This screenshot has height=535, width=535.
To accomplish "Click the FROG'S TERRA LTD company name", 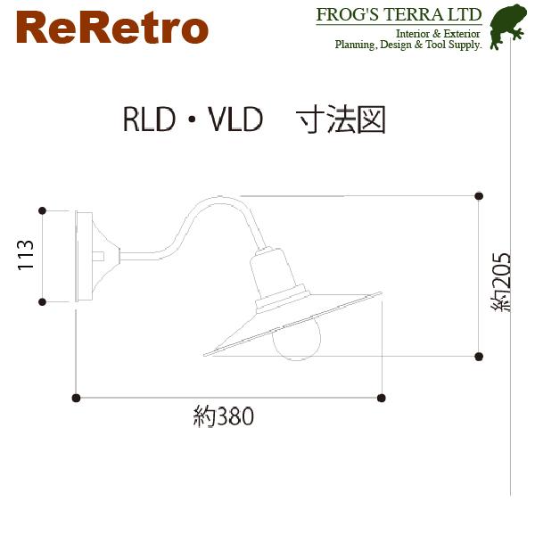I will [x=399, y=15].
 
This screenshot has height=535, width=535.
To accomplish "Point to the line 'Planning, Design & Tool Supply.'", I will [x=407, y=44].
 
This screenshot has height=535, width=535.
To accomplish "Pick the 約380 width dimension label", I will [x=224, y=417].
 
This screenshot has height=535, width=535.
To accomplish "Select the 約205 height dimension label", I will [x=502, y=279].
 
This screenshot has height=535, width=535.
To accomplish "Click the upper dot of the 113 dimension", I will [x=42, y=210].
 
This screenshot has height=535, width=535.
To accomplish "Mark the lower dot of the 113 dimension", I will [x=42, y=302].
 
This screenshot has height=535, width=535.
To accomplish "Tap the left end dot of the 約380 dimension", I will [x=77, y=397].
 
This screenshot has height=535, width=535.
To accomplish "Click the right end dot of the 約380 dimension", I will [x=382, y=397].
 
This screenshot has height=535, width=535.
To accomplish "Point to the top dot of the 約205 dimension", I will [x=479, y=195].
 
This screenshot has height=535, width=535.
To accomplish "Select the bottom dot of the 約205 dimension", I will [x=479, y=356].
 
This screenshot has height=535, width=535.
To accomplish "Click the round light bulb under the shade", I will [x=293, y=342].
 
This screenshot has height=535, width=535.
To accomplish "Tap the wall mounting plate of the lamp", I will [x=83, y=257].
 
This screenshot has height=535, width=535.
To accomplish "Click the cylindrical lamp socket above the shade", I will [x=269, y=272].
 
